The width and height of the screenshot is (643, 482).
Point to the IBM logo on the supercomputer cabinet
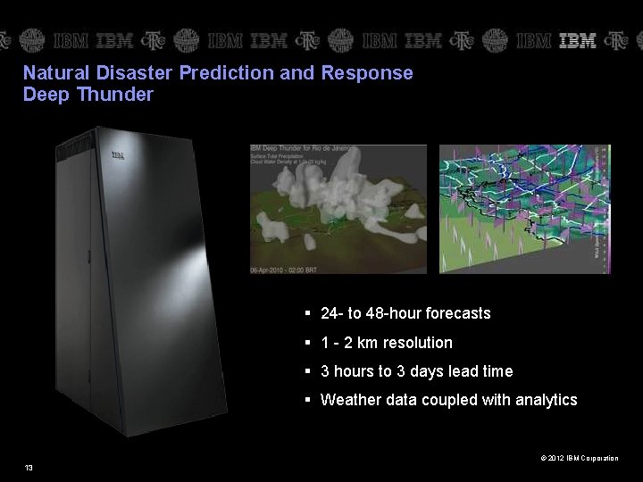[117, 155]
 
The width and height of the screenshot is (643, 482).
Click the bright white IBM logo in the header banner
[578, 40]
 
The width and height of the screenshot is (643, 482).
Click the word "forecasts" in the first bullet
[458, 313]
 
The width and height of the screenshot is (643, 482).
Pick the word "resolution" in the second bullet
[418, 343]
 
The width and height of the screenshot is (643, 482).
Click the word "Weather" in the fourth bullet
[351, 400]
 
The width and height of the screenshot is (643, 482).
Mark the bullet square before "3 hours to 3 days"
[306, 371]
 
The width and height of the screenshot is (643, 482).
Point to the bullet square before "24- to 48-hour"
[306, 313]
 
